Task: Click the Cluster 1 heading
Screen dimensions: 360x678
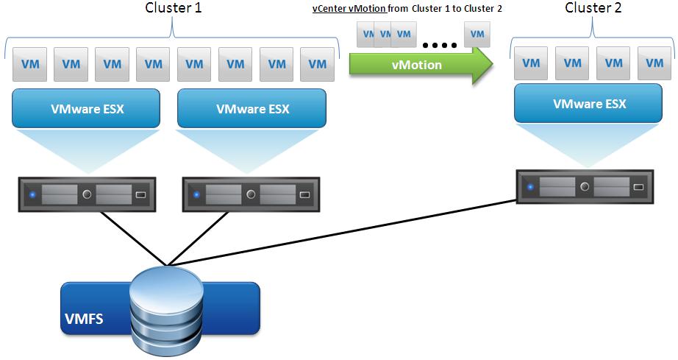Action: click(172, 8)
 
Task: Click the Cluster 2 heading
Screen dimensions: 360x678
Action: click(593, 8)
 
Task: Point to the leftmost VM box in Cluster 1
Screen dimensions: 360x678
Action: click(30, 64)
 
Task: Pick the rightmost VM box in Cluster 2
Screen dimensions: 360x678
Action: click(654, 63)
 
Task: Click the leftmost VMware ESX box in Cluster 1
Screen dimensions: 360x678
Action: click(87, 108)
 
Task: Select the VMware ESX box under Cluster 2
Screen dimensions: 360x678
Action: click(589, 103)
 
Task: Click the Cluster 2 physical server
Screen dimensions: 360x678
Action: click(584, 187)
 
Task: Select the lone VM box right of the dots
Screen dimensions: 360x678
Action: click(478, 34)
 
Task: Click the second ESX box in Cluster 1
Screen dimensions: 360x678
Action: click(252, 108)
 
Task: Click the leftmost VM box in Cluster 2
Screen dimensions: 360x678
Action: click(531, 63)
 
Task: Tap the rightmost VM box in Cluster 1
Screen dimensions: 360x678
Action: click(318, 64)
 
